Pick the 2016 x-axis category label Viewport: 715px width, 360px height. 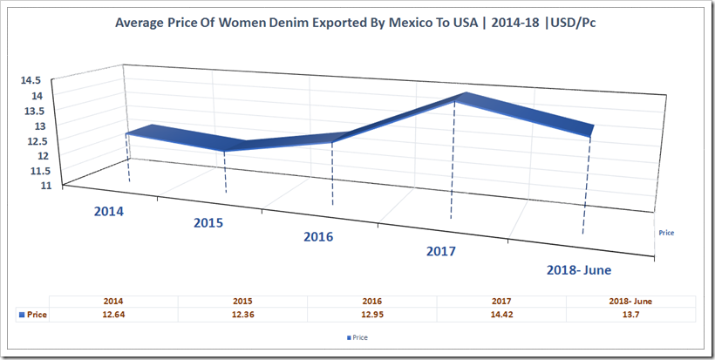tap(318, 237)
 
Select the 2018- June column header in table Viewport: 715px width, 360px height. tap(630, 301)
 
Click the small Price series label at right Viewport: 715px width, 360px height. tap(666, 233)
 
